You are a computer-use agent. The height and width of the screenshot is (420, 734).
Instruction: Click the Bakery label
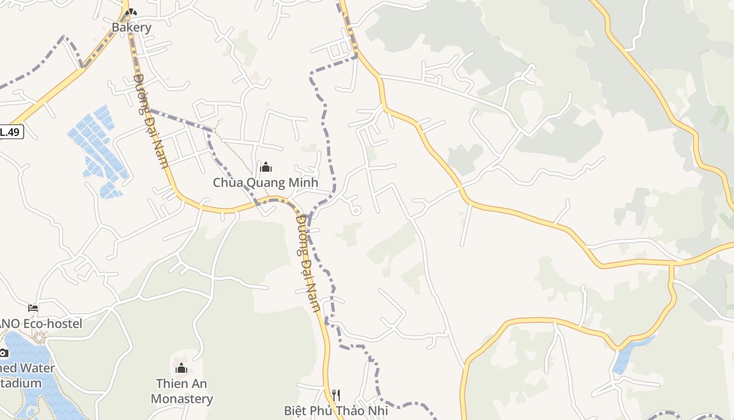pyautogui.click(x=132, y=27)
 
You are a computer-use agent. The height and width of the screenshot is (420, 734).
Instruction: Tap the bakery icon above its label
pyautogui.click(x=132, y=12)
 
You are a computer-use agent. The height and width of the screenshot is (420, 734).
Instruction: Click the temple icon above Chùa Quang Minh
pyautogui.click(x=266, y=167)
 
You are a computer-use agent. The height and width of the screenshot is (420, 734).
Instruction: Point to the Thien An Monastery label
pyautogui.click(x=181, y=391)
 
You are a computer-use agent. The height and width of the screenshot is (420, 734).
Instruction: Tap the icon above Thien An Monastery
pyautogui.click(x=181, y=368)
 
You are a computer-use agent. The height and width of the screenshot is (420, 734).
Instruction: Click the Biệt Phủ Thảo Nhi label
pyautogui.click(x=336, y=410)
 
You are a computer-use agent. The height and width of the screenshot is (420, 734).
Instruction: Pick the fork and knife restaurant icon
pyautogui.click(x=336, y=395)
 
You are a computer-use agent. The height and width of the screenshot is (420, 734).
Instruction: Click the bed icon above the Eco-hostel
pyautogui.click(x=33, y=308)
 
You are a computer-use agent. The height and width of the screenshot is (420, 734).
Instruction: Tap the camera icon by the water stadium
pyautogui.click(x=4, y=352)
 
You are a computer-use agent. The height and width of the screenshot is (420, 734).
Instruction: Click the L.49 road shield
pyautogui.click(x=10, y=132)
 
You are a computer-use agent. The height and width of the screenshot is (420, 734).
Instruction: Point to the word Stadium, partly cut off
pyautogui.click(x=21, y=383)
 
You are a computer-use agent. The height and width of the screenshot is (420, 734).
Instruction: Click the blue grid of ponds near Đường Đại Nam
pyautogui.click(x=97, y=150)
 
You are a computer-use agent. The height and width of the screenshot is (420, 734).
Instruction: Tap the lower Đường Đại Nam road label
pyautogui.click(x=308, y=262)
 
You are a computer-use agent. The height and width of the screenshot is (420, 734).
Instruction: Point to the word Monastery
pyautogui.click(x=181, y=398)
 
